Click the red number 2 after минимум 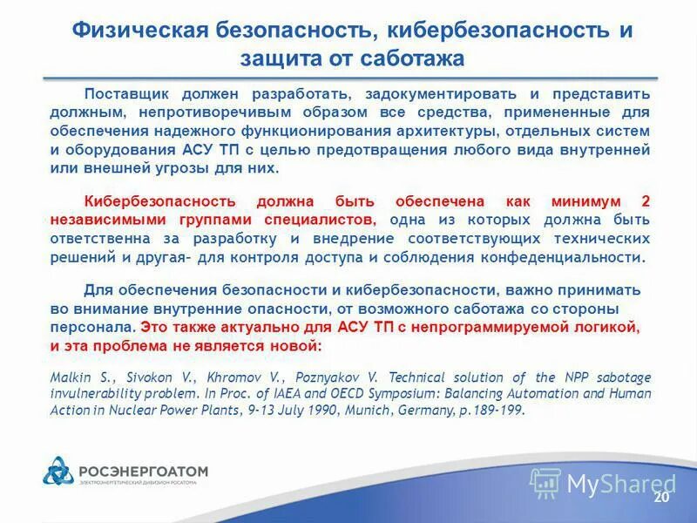646,200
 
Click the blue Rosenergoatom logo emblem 60,472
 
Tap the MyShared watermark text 621,483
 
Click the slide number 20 660,497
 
